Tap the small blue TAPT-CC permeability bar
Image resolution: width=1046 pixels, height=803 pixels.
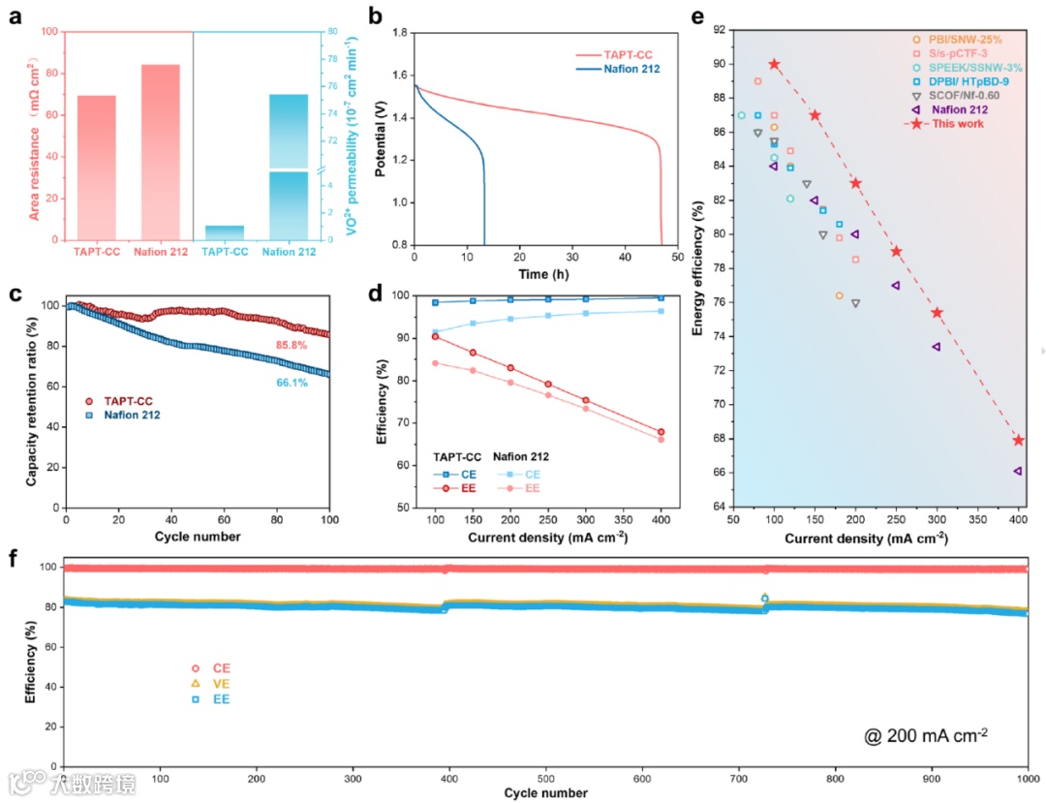pos(225,232)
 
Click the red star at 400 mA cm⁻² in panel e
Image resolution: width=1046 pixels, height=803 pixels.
pos(1018,440)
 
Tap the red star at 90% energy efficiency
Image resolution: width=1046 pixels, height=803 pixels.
pos(774,64)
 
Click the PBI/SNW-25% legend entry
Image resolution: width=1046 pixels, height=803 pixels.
pos(959,39)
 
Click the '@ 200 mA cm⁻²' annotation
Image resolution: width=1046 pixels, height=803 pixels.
pos(927,734)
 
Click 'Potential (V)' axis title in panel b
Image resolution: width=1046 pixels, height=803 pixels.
pos(380,139)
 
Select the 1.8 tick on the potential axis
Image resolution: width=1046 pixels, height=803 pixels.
pos(398,32)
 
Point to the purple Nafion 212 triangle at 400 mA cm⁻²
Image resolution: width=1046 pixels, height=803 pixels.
pos(1018,471)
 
